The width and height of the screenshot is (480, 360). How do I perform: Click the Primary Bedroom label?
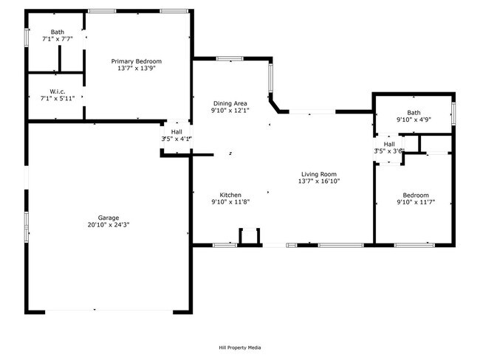(136, 61)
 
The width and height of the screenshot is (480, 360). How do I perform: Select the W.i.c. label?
(58, 91)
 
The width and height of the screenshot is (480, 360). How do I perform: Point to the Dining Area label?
(230, 103)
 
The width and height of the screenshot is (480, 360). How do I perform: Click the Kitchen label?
(230, 195)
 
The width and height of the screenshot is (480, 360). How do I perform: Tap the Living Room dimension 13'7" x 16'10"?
(318, 181)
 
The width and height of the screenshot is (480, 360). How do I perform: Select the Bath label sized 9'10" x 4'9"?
(413, 112)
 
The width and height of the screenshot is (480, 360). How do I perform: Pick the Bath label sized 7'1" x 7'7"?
(58, 32)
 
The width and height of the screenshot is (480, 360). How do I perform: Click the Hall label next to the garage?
(177, 131)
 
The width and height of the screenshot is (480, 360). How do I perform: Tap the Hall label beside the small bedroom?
(389, 144)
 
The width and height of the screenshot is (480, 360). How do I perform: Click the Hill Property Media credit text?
(239, 347)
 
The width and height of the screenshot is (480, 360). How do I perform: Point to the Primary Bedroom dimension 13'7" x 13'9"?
(136, 68)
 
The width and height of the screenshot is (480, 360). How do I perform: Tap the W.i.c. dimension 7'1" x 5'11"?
(58, 98)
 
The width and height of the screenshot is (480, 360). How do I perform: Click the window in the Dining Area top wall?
(230, 58)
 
